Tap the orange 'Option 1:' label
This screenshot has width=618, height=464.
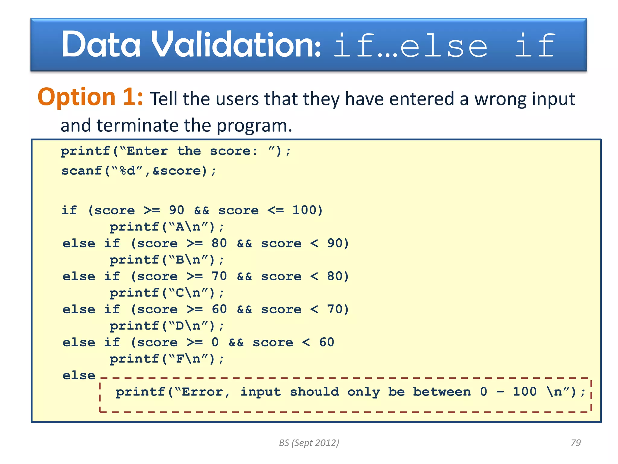coord(90,97)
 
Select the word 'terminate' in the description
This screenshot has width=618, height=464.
coord(138,125)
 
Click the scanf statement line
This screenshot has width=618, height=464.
coord(139,171)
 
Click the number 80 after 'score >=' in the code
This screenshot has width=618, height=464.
coord(219,243)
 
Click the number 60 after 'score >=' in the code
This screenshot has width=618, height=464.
coord(219,309)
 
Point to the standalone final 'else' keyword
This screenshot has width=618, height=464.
coord(79,375)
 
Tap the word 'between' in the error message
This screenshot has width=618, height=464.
coord(442,392)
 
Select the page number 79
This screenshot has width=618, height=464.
coord(575,443)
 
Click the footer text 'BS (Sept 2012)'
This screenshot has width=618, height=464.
coord(309,443)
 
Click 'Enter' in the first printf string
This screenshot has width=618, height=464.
coord(147,151)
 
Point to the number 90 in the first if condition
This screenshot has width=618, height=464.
coord(177,210)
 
